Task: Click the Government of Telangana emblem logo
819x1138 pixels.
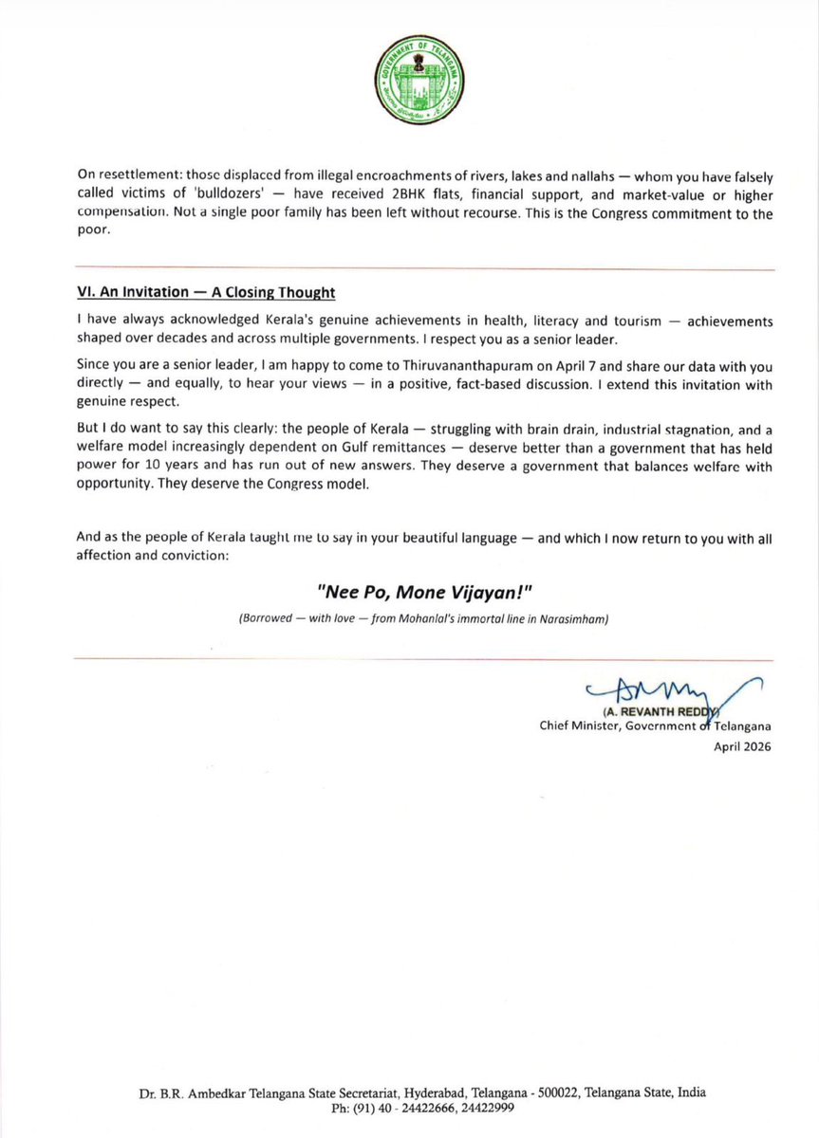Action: pos(410,83)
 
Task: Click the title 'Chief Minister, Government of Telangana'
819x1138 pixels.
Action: pos(655,727)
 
